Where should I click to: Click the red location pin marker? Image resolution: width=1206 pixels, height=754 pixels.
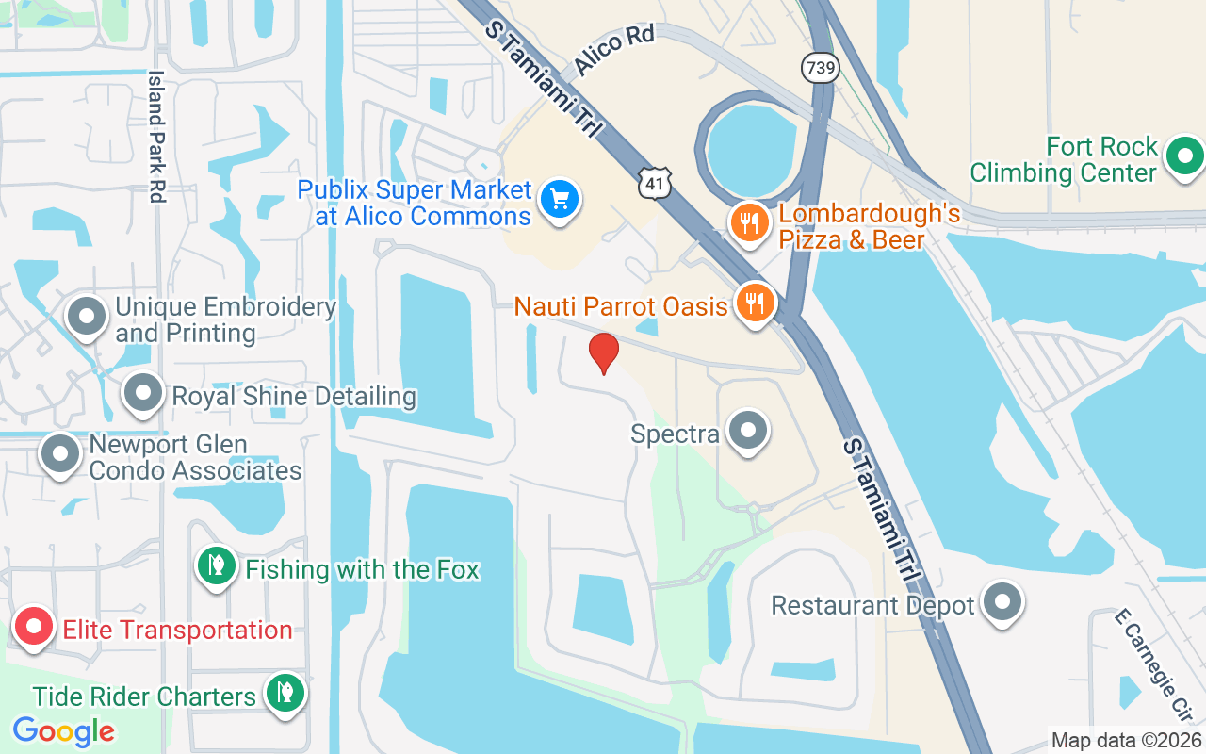[x=603, y=352]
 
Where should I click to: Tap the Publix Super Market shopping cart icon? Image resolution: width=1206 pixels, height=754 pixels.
[x=560, y=200]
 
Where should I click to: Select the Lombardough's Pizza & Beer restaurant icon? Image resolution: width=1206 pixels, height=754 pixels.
[x=750, y=223]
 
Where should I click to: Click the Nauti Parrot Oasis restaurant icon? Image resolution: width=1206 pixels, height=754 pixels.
[x=754, y=303]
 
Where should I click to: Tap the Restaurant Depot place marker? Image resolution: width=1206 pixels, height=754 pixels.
[x=1002, y=601]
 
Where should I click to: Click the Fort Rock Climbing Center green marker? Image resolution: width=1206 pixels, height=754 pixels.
[x=1184, y=156]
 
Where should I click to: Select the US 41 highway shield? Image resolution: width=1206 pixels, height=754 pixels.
[x=654, y=183]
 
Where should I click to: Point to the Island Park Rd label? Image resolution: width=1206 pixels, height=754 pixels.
[x=156, y=137]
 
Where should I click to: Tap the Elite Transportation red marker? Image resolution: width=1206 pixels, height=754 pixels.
[x=35, y=627]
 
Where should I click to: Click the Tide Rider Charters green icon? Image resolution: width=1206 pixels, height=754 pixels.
[x=283, y=694]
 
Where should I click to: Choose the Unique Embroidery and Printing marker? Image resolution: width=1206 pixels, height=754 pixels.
[x=89, y=317]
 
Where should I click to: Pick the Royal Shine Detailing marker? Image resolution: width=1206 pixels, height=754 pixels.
[x=143, y=394]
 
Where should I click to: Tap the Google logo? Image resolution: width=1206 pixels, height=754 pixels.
[x=63, y=731]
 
